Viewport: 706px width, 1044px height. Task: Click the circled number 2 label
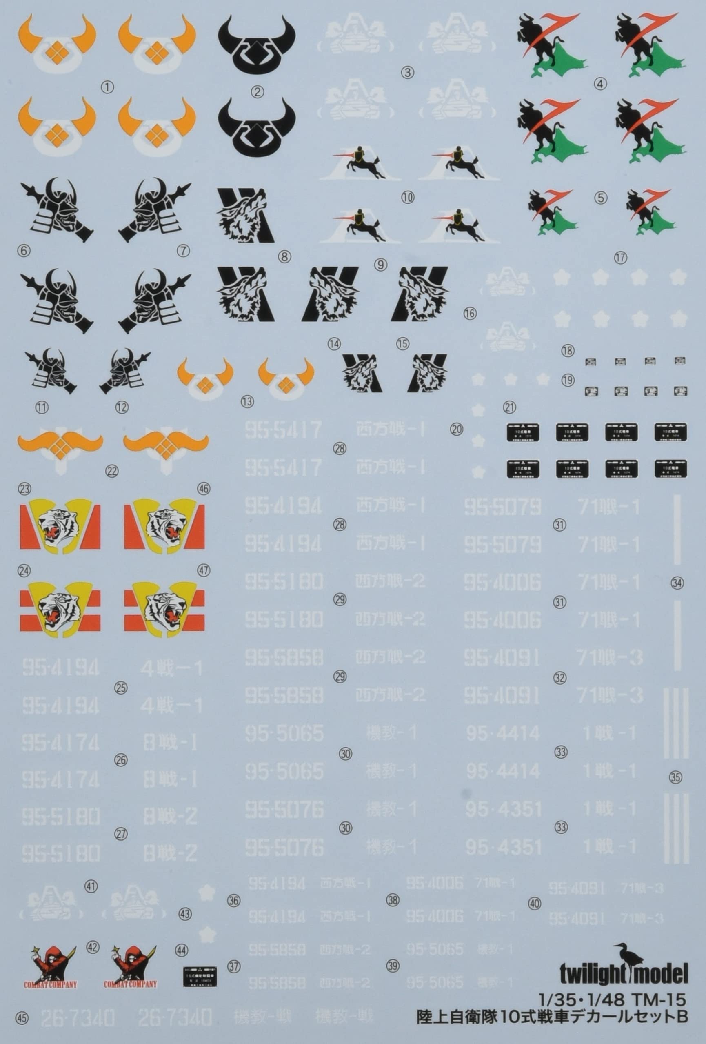point(258,93)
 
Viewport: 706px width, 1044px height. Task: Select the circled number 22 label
point(111,471)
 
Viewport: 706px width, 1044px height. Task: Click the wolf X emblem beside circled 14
point(362,372)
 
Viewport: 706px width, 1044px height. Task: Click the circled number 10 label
point(408,197)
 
